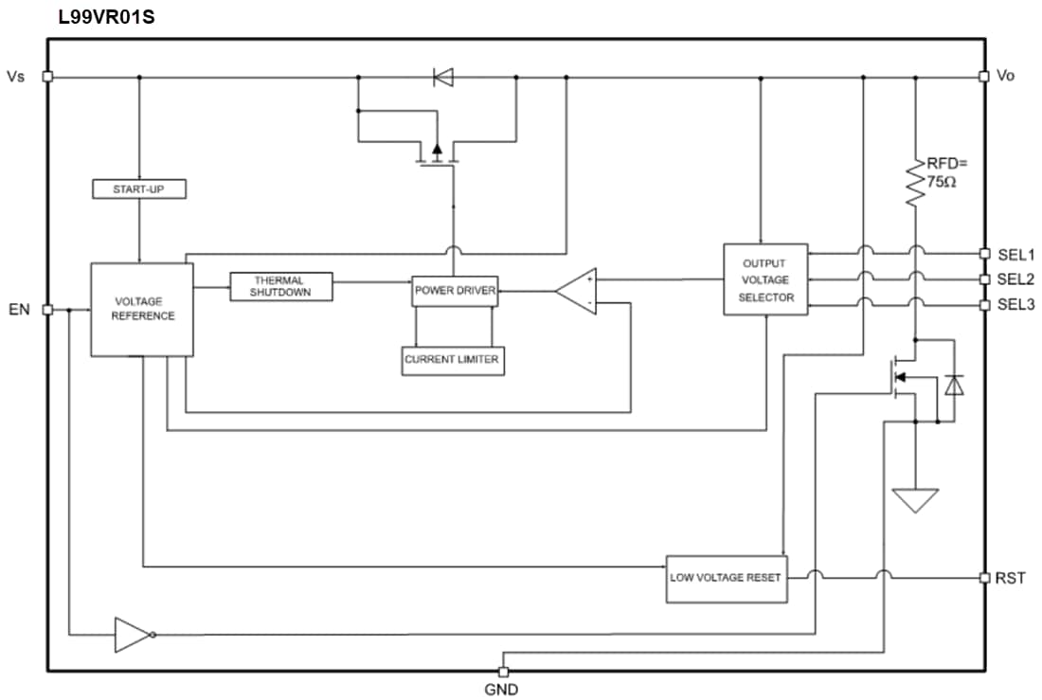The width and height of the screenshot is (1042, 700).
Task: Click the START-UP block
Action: (x=138, y=189)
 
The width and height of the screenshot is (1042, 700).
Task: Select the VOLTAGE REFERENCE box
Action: (x=142, y=309)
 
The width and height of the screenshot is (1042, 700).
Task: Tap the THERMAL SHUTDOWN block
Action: (x=281, y=286)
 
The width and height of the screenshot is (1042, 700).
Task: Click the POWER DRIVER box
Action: (x=455, y=291)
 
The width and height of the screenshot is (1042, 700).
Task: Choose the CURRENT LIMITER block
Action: (x=452, y=360)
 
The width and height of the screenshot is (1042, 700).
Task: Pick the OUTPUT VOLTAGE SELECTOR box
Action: (x=765, y=280)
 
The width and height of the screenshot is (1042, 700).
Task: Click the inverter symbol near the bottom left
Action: (x=131, y=635)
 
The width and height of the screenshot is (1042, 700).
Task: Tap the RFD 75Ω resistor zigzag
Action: (x=915, y=182)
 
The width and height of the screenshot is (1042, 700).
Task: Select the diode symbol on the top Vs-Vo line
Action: (x=442, y=77)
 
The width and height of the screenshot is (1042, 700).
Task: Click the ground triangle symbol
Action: (x=915, y=500)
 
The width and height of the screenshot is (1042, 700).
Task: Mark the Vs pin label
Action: (x=16, y=76)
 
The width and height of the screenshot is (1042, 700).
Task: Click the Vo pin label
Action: (x=1006, y=76)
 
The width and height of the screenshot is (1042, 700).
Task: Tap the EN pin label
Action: (x=19, y=309)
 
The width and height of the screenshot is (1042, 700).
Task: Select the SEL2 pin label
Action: (x=1015, y=279)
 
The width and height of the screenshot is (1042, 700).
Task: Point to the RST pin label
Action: (x=1010, y=577)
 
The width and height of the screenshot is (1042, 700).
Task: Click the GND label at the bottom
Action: (x=501, y=689)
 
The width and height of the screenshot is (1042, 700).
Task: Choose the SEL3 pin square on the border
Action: (x=984, y=305)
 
